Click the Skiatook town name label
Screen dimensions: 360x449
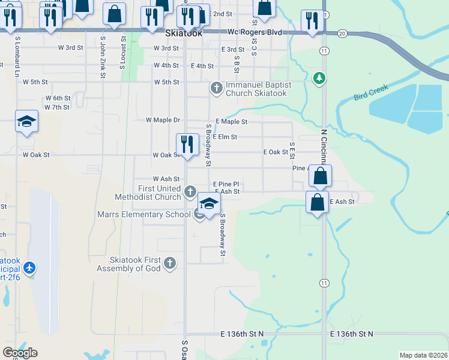click(x=183, y=34)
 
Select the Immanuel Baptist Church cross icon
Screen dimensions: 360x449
click(x=217, y=88)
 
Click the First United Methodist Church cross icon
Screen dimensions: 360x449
click(x=190, y=192)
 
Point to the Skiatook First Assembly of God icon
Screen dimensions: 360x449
click(x=170, y=262)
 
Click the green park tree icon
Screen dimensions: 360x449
click(x=319, y=77)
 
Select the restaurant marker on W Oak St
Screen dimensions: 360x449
click(x=187, y=144)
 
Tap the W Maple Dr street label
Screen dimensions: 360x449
click(x=163, y=120)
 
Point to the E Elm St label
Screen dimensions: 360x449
click(x=225, y=137)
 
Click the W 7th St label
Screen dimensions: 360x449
click(x=57, y=107)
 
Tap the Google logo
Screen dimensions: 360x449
click(x=19, y=353)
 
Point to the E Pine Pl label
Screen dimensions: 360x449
click(x=226, y=184)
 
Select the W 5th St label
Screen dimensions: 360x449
click(x=167, y=82)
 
